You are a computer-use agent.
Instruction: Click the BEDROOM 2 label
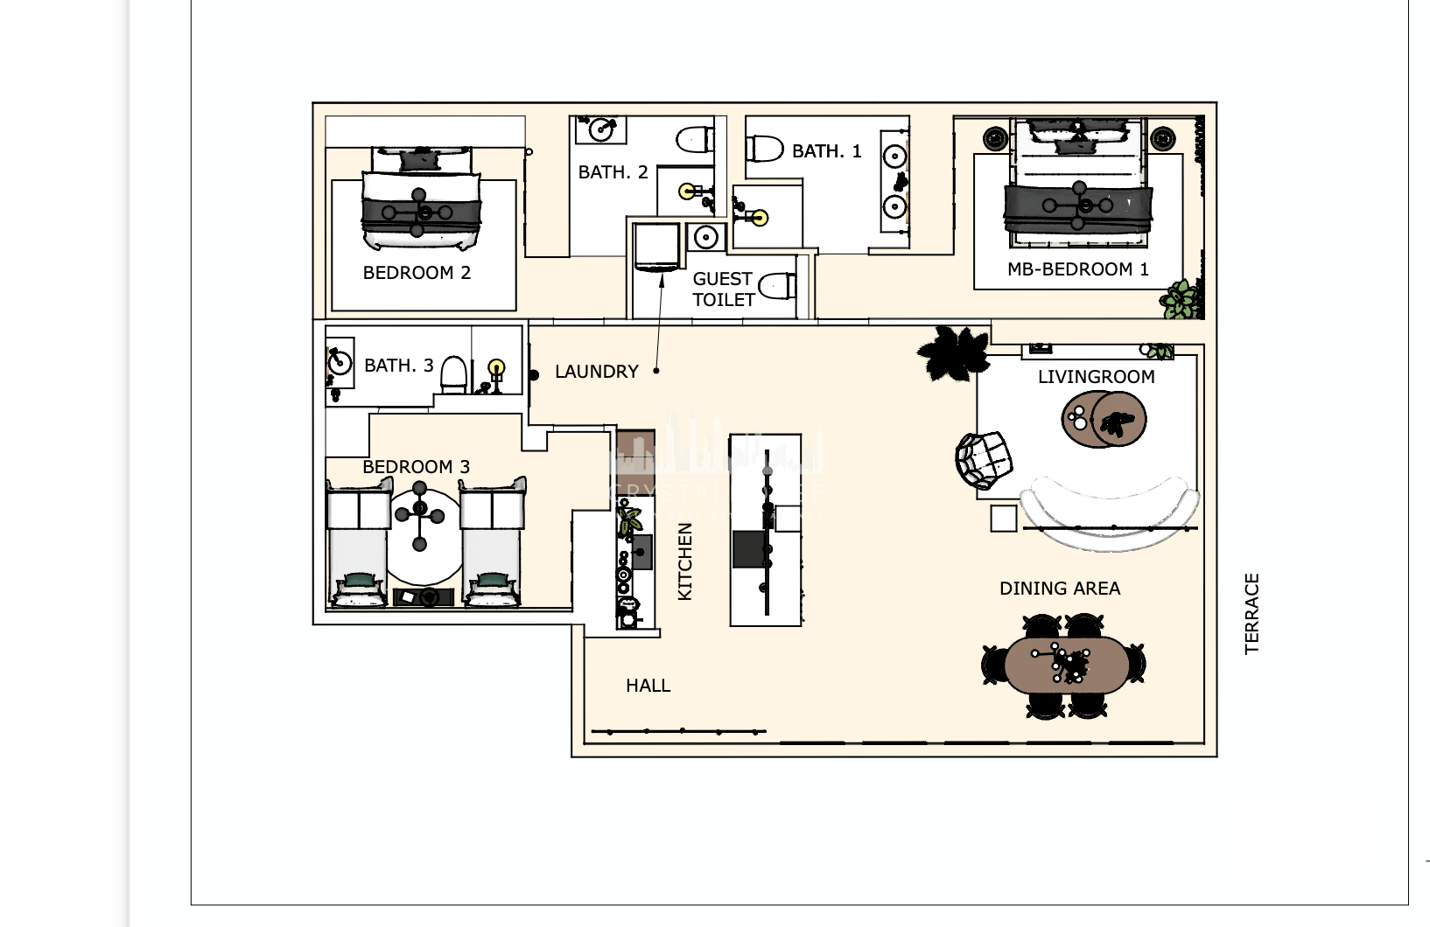tap(417, 273)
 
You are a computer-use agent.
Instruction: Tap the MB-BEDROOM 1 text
tap(1077, 269)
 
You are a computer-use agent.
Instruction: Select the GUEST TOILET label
tap(723, 289)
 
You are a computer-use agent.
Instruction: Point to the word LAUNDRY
tap(596, 372)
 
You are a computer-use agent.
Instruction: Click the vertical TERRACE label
tap(1251, 613)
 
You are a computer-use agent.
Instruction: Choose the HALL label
tap(648, 686)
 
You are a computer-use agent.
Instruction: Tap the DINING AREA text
tap(1059, 589)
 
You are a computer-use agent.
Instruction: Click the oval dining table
tap(1064, 666)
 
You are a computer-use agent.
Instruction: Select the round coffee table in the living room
tap(1104, 420)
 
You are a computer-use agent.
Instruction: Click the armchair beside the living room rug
tap(984, 460)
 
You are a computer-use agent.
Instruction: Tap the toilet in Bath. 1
tap(765, 148)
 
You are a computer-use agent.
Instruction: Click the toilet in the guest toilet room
tap(777, 286)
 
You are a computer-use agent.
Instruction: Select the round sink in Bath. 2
tap(600, 130)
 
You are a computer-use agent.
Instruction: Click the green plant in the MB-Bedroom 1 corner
tap(1181, 299)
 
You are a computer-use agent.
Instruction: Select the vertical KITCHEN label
tap(685, 561)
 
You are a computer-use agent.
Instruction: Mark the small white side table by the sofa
tap(1004, 518)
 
